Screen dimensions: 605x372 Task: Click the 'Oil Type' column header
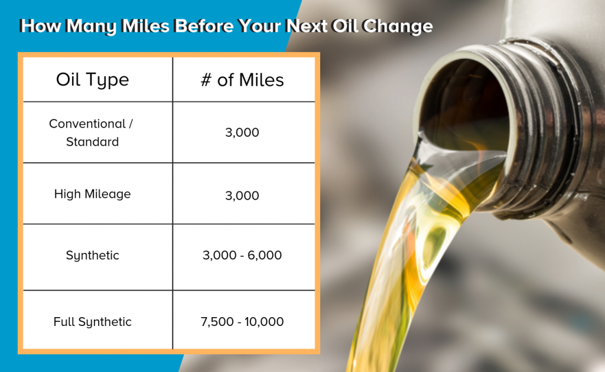[x=92, y=80]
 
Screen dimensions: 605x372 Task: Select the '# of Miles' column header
[x=242, y=80]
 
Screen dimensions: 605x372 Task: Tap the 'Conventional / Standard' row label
[x=91, y=133]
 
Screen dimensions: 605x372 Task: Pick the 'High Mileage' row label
[x=92, y=194]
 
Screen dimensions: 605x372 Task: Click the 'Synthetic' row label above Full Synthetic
[x=92, y=255]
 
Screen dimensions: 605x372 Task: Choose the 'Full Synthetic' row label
[x=92, y=321]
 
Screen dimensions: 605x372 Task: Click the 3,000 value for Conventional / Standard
[x=242, y=133]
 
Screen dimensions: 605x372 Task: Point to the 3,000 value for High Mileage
[x=242, y=195]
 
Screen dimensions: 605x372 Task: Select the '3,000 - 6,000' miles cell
[x=242, y=255]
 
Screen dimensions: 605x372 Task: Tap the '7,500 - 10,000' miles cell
[x=242, y=321]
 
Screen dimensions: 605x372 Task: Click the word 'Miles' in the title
[x=145, y=26]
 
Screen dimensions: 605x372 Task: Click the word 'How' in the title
[x=40, y=26]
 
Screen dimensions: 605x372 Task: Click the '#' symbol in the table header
[x=206, y=80]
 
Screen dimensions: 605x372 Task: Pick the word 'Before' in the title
[x=204, y=26]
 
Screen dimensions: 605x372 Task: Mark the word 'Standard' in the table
[x=92, y=142]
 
